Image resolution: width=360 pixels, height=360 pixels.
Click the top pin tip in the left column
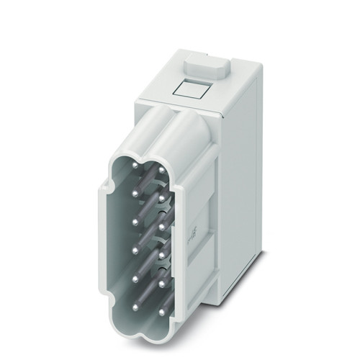[x=135, y=165]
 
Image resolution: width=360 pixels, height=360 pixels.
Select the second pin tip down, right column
[x=163, y=198]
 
